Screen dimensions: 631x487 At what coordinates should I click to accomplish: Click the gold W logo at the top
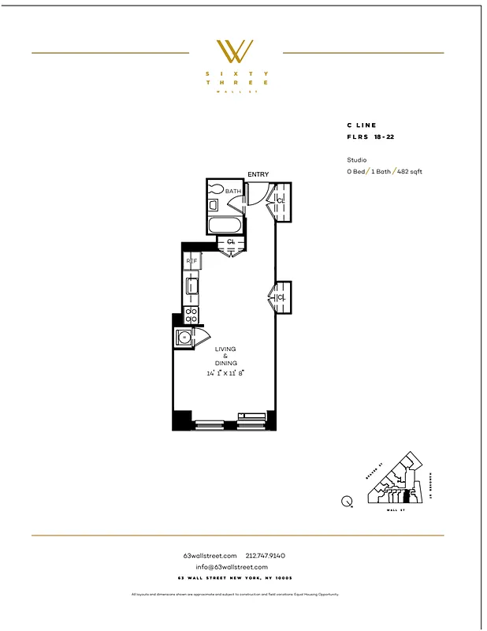235,51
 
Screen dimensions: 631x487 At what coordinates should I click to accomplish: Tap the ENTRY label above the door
258,174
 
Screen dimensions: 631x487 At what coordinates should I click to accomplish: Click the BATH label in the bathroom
233,191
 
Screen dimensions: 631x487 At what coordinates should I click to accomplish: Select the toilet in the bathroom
215,190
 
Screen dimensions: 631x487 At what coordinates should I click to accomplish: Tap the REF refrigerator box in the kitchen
191,261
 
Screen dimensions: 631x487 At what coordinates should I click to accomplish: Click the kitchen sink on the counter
191,286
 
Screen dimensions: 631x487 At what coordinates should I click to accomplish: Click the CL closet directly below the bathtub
231,241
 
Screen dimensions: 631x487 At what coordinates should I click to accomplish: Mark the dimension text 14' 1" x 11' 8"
225,373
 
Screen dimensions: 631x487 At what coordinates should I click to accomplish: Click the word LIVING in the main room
225,349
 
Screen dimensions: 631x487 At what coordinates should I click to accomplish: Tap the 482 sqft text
409,171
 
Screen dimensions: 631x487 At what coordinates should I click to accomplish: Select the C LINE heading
362,125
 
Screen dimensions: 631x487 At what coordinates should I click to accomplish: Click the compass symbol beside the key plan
347,500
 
